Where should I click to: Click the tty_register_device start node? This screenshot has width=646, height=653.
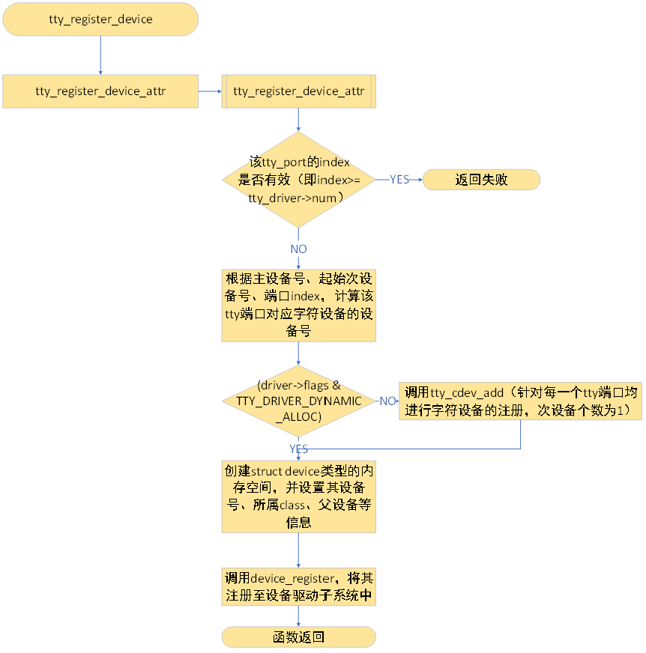pos(100,19)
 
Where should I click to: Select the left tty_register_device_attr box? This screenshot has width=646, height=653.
pos(100,91)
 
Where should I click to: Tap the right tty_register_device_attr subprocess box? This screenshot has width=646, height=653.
pos(298,91)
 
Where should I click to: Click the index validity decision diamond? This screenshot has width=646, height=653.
pos(298,180)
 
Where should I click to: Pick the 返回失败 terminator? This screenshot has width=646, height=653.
pos(481,180)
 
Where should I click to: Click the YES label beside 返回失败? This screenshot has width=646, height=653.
pos(399,180)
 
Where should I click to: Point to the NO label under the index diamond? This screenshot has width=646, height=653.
pos(298,249)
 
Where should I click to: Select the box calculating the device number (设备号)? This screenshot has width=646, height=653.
pos(298,306)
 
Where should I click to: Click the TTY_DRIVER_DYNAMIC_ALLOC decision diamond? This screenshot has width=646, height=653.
pos(298,401)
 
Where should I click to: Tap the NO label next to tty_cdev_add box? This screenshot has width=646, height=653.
pos(387,401)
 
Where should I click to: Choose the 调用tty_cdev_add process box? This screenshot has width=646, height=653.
pos(521,401)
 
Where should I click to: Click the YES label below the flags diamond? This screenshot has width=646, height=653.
pos(298,449)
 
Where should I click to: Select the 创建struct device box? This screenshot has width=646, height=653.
pos(298,496)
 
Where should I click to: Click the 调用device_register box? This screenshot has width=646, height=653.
pos(298,587)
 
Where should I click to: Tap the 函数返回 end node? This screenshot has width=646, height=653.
pos(298,637)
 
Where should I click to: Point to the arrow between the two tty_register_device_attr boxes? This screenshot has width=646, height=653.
pos(210,91)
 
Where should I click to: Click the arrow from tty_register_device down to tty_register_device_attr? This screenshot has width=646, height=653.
pos(100,54)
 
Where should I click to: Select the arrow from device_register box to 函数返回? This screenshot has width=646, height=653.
pos(298,616)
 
